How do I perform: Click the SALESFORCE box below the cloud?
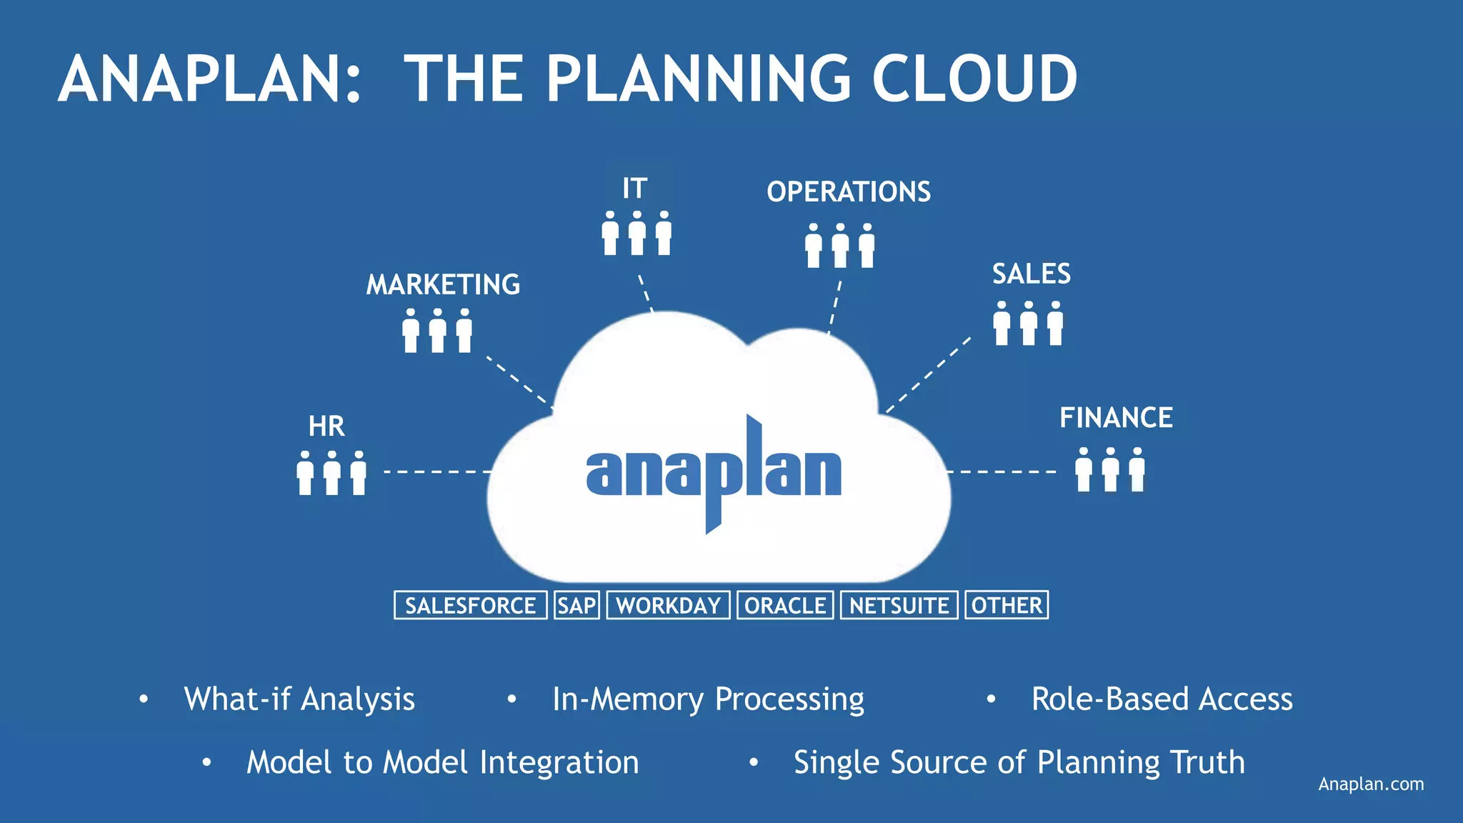(x=470, y=605)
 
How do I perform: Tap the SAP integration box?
(x=576, y=605)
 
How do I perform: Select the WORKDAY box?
(x=668, y=605)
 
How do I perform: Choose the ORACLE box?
(x=785, y=605)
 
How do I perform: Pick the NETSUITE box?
(x=899, y=605)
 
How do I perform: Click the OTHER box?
(x=1007, y=605)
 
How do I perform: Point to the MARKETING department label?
(x=443, y=284)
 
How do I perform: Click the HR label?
(x=326, y=427)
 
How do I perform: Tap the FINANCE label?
(x=1116, y=418)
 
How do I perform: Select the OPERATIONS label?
(x=849, y=191)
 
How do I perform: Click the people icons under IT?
(x=636, y=233)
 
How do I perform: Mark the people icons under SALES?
(x=1028, y=323)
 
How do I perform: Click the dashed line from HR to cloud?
(x=437, y=472)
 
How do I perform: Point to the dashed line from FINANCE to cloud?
(x=1002, y=472)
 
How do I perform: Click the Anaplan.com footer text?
(x=1371, y=784)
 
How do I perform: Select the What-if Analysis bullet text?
(x=299, y=699)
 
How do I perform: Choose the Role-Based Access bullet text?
(x=1162, y=699)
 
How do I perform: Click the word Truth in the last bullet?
(x=1208, y=762)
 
